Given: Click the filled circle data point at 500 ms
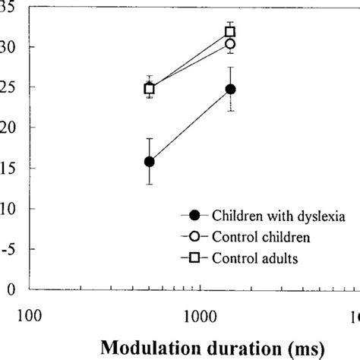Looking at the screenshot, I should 150,161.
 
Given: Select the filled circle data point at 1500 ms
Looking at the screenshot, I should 230,89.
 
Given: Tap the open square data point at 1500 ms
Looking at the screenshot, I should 230,32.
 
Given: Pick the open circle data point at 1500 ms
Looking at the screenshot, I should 230,44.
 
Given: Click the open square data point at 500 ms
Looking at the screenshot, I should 150,89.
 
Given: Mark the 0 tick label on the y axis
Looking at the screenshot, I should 11,289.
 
